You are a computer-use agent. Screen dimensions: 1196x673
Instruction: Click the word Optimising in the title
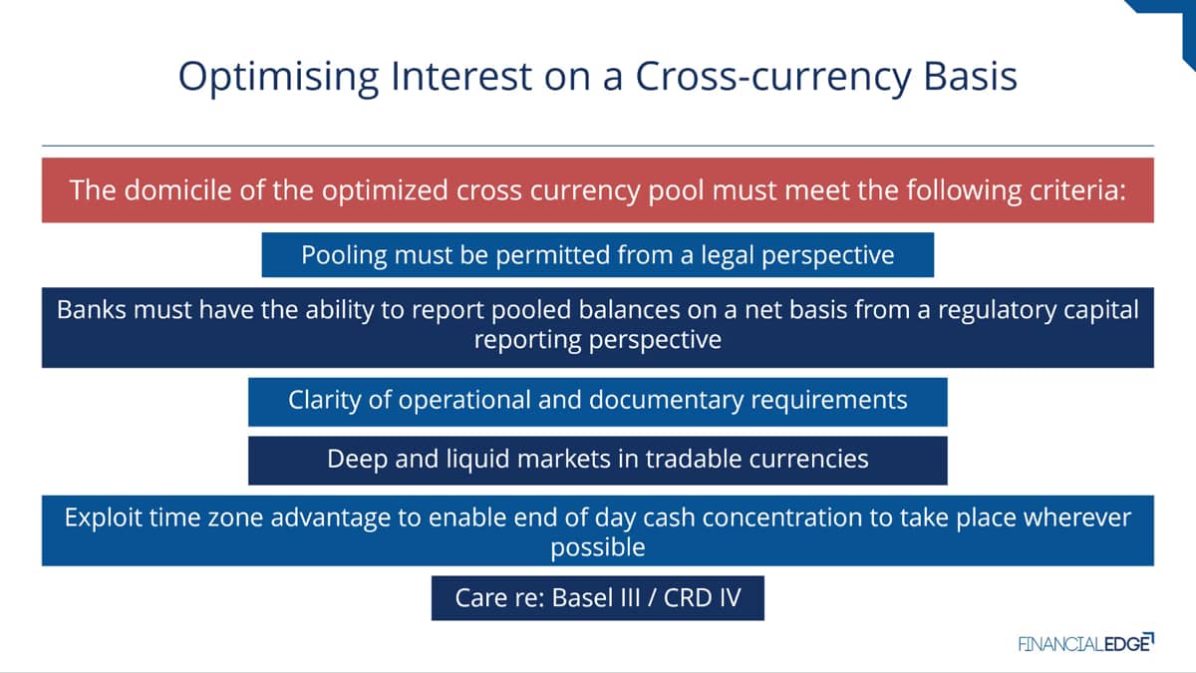tap(279, 78)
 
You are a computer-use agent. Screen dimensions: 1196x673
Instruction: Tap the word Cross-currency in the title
tap(773, 78)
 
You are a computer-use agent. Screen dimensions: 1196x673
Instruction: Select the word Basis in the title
tap(970, 77)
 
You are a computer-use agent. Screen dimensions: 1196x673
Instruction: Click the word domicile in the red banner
tap(177, 190)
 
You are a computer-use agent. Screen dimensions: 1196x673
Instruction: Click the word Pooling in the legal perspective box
tap(344, 256)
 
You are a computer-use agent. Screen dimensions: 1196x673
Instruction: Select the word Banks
tap(92, 310)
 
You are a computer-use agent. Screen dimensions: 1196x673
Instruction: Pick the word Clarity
tap(324, 401)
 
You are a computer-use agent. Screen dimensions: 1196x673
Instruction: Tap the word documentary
tap(666, 401)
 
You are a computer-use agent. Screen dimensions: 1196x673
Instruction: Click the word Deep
tap(357, 460)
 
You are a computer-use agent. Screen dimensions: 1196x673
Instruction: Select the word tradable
tap(693, 459)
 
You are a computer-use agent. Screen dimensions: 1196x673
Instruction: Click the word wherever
tap(1077, 517)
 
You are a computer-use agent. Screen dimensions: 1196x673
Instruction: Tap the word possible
tap(598, 548)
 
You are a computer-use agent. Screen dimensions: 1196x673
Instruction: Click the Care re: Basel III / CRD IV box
tap(598, 598)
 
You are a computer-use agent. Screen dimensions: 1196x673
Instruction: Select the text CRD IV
tap(702, 597)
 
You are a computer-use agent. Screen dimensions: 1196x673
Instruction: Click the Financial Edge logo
tap(1086, 643)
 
